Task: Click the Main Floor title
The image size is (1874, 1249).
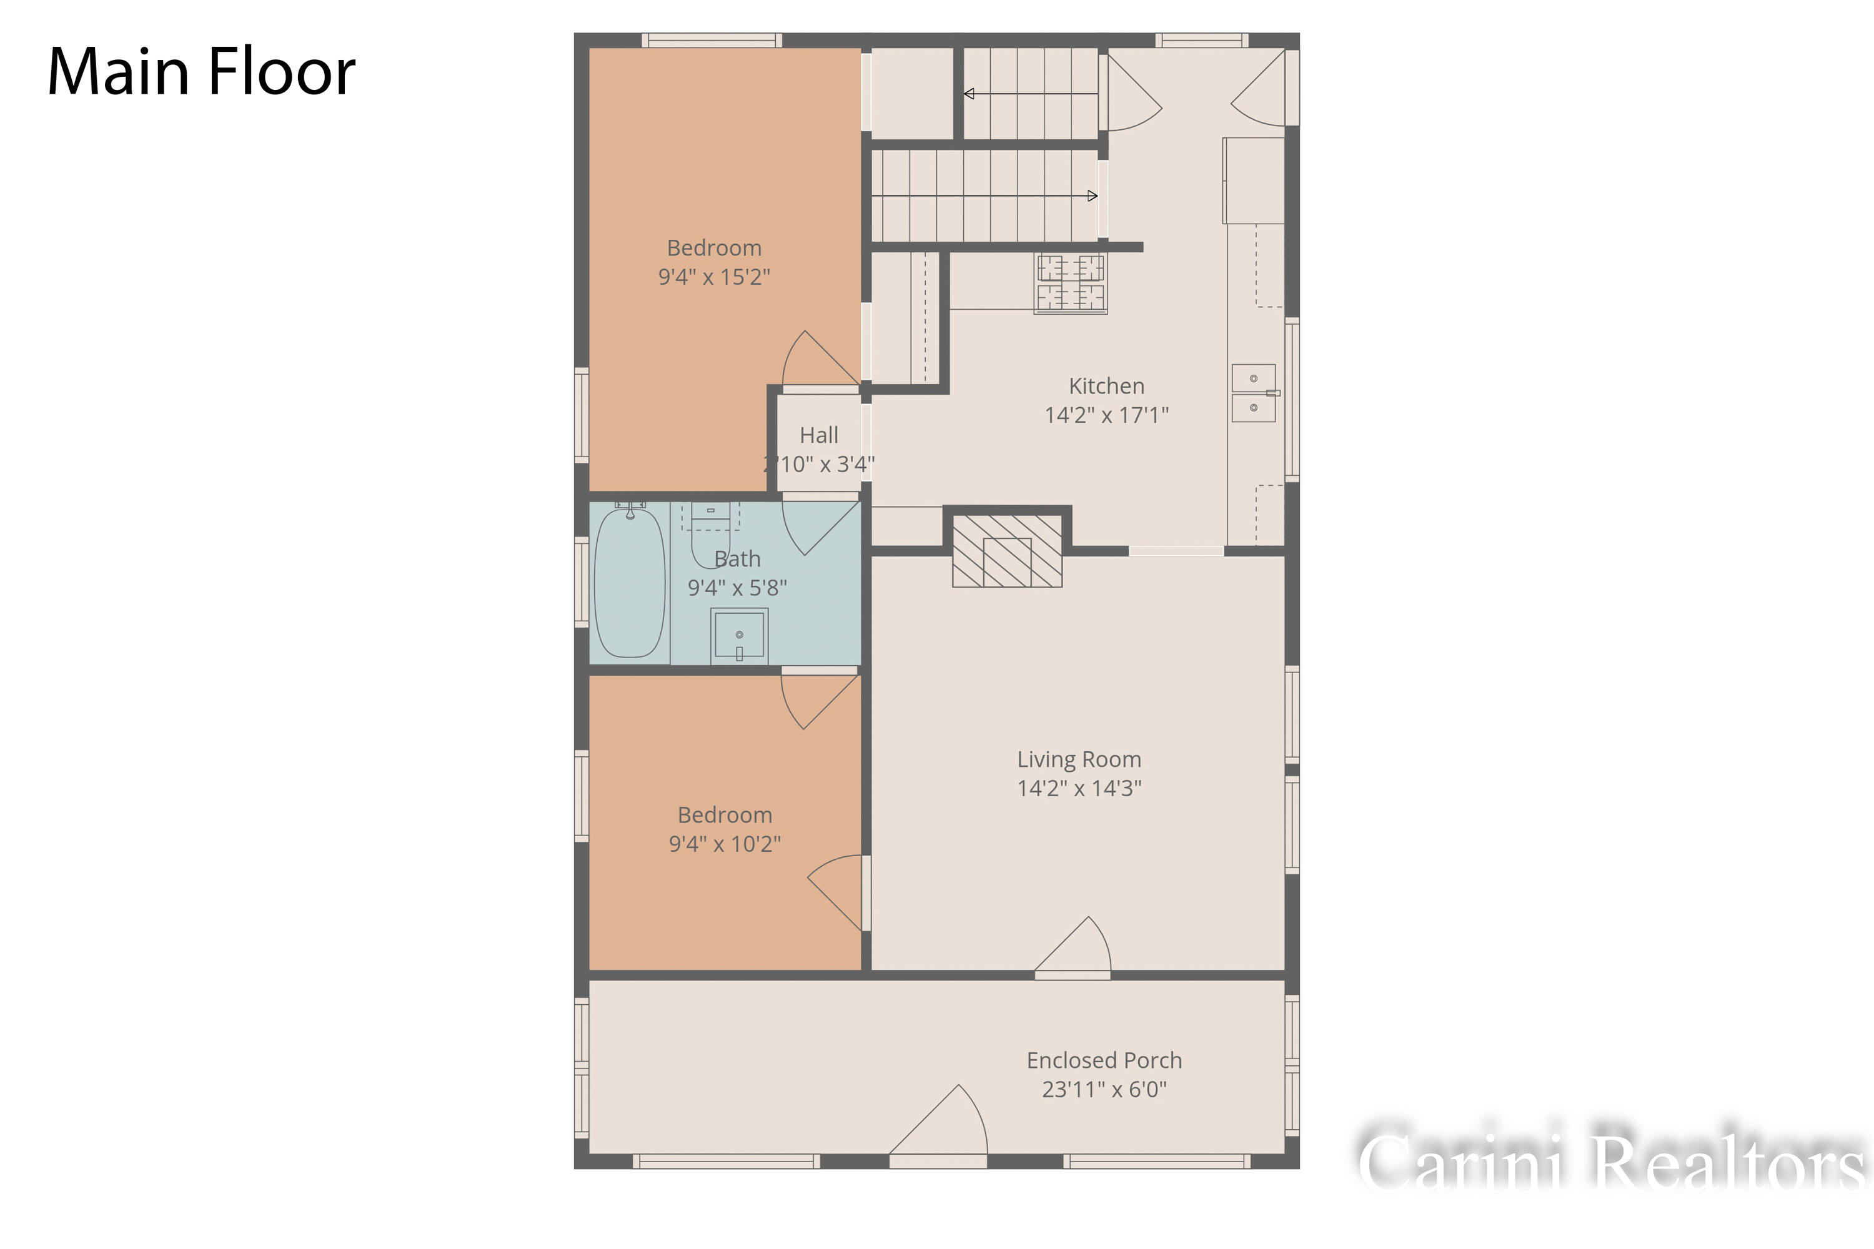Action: tap(201, 72)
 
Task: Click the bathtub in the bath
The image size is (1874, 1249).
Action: tap(630, 583)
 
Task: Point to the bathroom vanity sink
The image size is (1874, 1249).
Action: tap(738, 635)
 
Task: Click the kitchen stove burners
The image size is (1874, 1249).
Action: tap(1070, 283)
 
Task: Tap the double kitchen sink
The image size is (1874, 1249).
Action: tap(1253, 393)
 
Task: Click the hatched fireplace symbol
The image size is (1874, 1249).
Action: tap(1007, 551)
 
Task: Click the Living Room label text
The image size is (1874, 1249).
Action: tap(1079, 759)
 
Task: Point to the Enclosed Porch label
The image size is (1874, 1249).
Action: tap(1104, 1060)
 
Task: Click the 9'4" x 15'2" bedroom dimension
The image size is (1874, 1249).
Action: tap(714, 277)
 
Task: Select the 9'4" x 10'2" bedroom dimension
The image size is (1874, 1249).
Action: tap(724, 844)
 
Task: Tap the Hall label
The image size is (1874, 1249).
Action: tap(819, 435)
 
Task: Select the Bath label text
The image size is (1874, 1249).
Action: tap(737, 559)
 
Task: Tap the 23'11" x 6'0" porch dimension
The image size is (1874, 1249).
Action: tap(1104, 1089)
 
